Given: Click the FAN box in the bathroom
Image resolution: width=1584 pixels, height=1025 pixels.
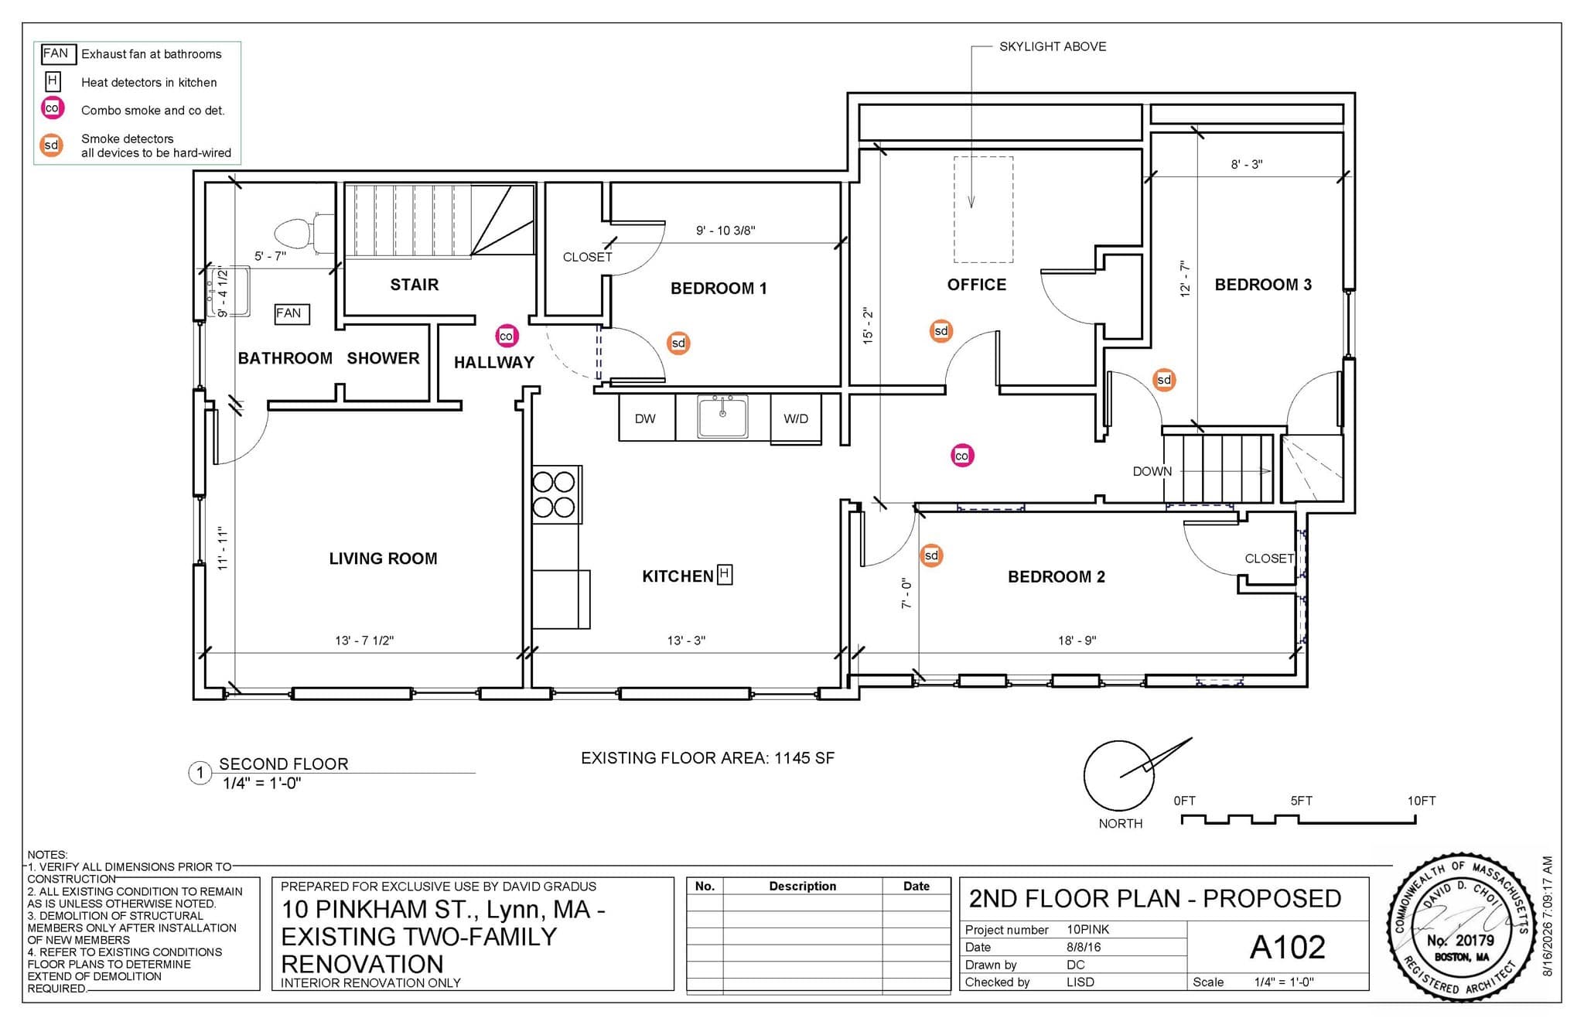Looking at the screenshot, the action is tap(292, 313).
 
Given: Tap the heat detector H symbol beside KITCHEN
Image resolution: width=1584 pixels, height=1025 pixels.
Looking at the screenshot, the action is tap(725, 574).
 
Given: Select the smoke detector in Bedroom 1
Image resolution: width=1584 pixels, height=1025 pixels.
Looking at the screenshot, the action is tap(678, 343).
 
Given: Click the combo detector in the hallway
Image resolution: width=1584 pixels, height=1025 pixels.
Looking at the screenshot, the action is tap(507, 336).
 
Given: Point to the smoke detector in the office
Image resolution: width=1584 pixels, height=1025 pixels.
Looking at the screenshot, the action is tap(940, 331).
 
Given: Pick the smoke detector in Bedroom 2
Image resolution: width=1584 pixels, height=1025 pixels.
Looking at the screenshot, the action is tap(931, 555).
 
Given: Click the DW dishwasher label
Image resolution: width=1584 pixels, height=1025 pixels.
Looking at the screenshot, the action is tap(645, 419).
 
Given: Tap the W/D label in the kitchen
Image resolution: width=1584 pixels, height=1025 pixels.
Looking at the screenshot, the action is tap(796, 419).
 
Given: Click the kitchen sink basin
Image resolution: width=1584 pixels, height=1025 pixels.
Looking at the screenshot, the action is tap(722, 417).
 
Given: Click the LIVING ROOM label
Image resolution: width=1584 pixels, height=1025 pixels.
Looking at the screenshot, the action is tap(383, 559).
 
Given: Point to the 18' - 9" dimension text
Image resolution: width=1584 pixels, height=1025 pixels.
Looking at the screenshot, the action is tap(1077, 641).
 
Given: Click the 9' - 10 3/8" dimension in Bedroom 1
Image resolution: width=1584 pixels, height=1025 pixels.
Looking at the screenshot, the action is tap(725, 231).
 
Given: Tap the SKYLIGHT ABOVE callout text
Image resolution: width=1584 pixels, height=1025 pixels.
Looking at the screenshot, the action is tap(1053, 46).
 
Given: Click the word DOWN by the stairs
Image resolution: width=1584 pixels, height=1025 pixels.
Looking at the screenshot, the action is tap(1152, 471).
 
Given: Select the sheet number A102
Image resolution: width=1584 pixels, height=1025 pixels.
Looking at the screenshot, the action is tap(1288, 947).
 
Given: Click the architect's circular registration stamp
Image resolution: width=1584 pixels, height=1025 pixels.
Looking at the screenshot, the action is tap(1461, 928).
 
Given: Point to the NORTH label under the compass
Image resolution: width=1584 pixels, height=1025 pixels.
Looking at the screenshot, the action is tap(1121, 823).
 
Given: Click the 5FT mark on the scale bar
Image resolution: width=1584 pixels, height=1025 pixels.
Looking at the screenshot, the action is tap(1301, 801).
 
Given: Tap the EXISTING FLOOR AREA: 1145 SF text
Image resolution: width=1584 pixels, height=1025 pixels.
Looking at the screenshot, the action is tap(708, 758).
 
